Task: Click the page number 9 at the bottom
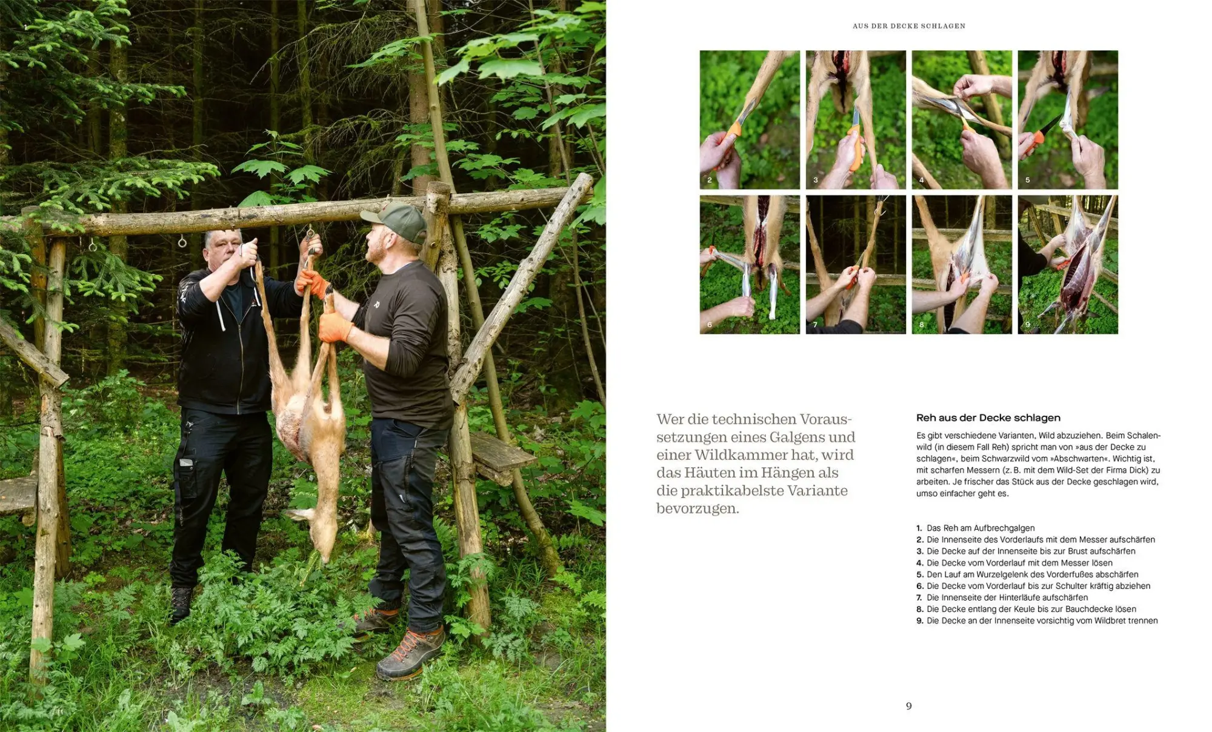908,706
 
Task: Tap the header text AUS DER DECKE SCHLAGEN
908,26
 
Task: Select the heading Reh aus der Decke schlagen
988,418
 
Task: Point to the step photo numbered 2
750,119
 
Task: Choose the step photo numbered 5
1068,119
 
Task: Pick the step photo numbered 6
750,264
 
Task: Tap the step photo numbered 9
1068,264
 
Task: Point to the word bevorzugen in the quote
698,508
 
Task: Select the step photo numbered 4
962,119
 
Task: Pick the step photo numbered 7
856,264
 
